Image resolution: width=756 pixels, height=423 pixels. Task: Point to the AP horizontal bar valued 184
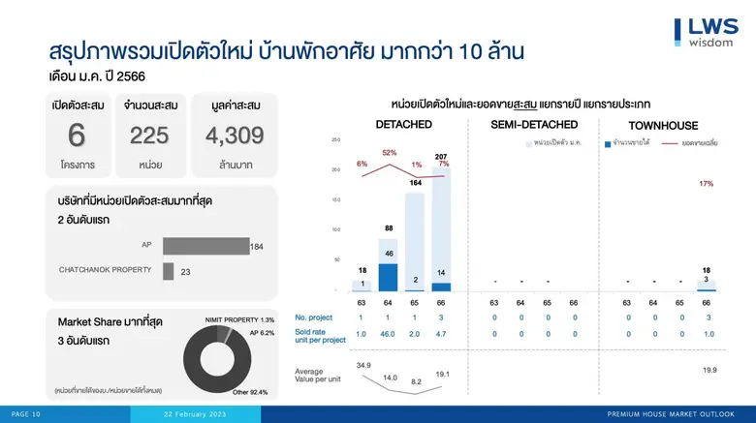[x=206, y=246]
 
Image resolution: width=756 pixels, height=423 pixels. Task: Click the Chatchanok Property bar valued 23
[x=169, y=272]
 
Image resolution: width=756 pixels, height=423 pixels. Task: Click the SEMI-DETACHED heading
[x=534, y=125]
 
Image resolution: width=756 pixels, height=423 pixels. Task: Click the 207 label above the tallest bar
[x=441, y=158]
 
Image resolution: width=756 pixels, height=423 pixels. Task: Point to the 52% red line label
[x=389, y=153]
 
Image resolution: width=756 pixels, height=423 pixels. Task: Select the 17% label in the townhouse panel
[x=706, y=183]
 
